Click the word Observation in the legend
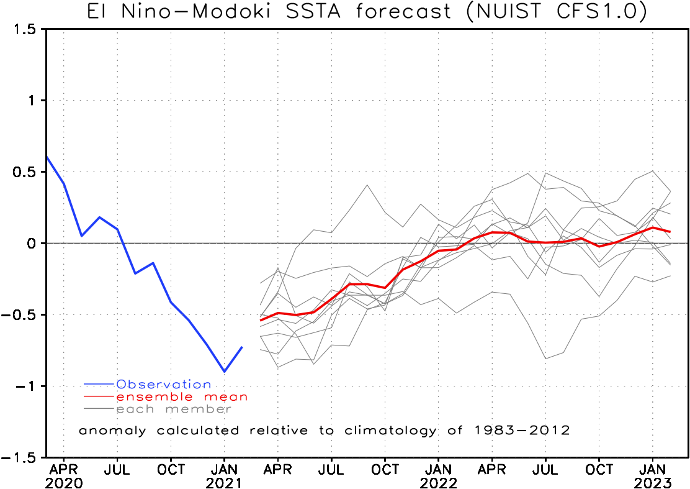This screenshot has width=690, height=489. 164,385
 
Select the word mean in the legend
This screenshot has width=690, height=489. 225,397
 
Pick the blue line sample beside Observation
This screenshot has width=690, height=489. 99,385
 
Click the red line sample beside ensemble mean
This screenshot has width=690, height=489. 99,396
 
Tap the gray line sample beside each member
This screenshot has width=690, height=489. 99,409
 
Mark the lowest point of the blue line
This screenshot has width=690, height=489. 225,372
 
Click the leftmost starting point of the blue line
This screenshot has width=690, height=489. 47,157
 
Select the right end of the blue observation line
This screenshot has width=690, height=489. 242,347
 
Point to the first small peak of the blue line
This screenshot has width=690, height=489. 99,217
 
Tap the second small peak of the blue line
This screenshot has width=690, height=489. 153,262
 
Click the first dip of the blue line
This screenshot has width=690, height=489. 81,235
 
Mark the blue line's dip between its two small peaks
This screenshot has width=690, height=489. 135,273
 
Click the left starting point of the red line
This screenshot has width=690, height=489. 260,321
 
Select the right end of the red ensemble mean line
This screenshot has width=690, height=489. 671,232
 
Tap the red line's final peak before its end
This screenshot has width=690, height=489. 652,227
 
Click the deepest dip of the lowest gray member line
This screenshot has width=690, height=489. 546,359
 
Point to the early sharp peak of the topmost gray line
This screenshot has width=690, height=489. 367,185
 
